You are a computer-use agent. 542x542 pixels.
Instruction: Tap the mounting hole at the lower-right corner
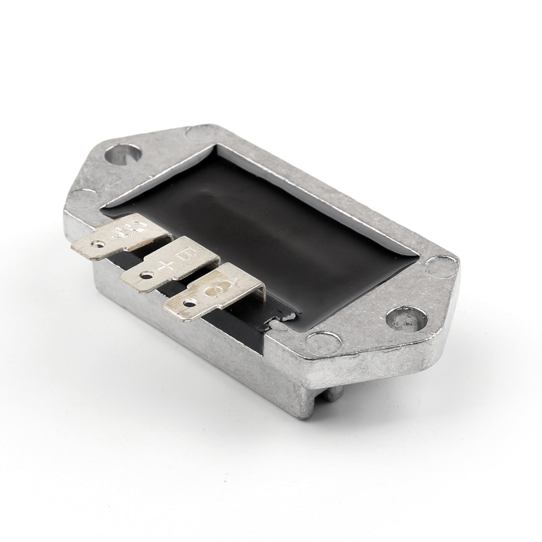pos(403,316)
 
